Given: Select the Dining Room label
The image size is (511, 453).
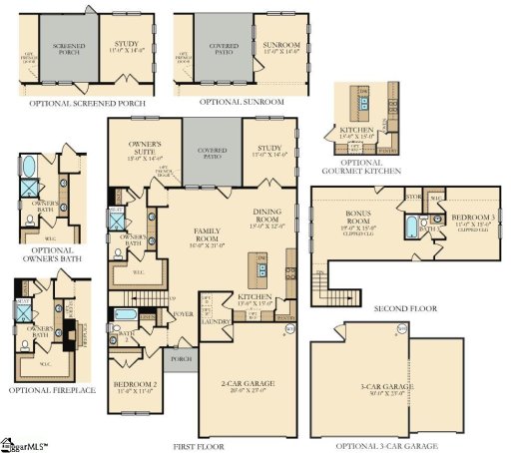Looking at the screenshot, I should (x=269, y=217).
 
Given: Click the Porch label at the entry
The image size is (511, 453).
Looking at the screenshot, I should (x=181, y=360).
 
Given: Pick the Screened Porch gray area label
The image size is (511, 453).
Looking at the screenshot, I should (x=69, y=48).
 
